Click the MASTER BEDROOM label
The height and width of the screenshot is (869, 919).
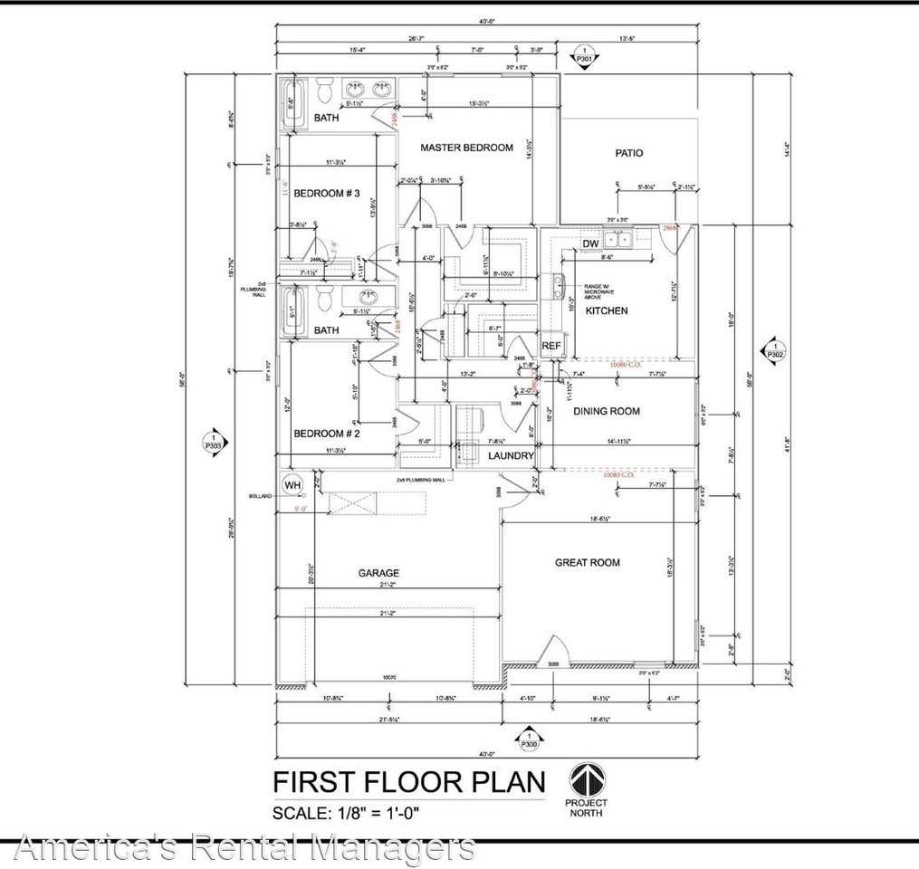(x=466, y=148)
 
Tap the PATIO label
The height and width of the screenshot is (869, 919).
(x=628, y=153)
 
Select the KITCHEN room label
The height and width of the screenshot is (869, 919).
(x=606, y=310)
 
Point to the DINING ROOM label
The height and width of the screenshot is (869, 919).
(x=606, y=411)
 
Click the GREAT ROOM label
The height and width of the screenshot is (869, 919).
(x=587, y=562)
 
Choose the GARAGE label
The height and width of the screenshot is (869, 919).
(x=378, y=572)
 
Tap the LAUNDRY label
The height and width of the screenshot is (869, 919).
(x=511, y=455)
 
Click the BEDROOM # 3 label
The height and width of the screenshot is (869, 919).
(x=327, y=193)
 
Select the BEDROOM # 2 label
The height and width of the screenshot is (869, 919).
(x=327, y=433)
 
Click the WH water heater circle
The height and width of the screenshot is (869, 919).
(x=292, y=485)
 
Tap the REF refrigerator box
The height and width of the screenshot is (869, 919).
(x=551, y=346)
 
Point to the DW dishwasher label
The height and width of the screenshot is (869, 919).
(x=589, y=244)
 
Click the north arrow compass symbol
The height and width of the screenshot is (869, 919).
(x=587, y=779)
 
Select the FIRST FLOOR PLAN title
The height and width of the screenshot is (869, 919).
(x=409, y=781)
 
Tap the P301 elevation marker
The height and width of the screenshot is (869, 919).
(x=584, y=57)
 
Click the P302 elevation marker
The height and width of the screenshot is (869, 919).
(x=775, y=350)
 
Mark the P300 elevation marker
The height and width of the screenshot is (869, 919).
(x=528, y=740)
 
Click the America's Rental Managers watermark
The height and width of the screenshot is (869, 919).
(x=244, y=848)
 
